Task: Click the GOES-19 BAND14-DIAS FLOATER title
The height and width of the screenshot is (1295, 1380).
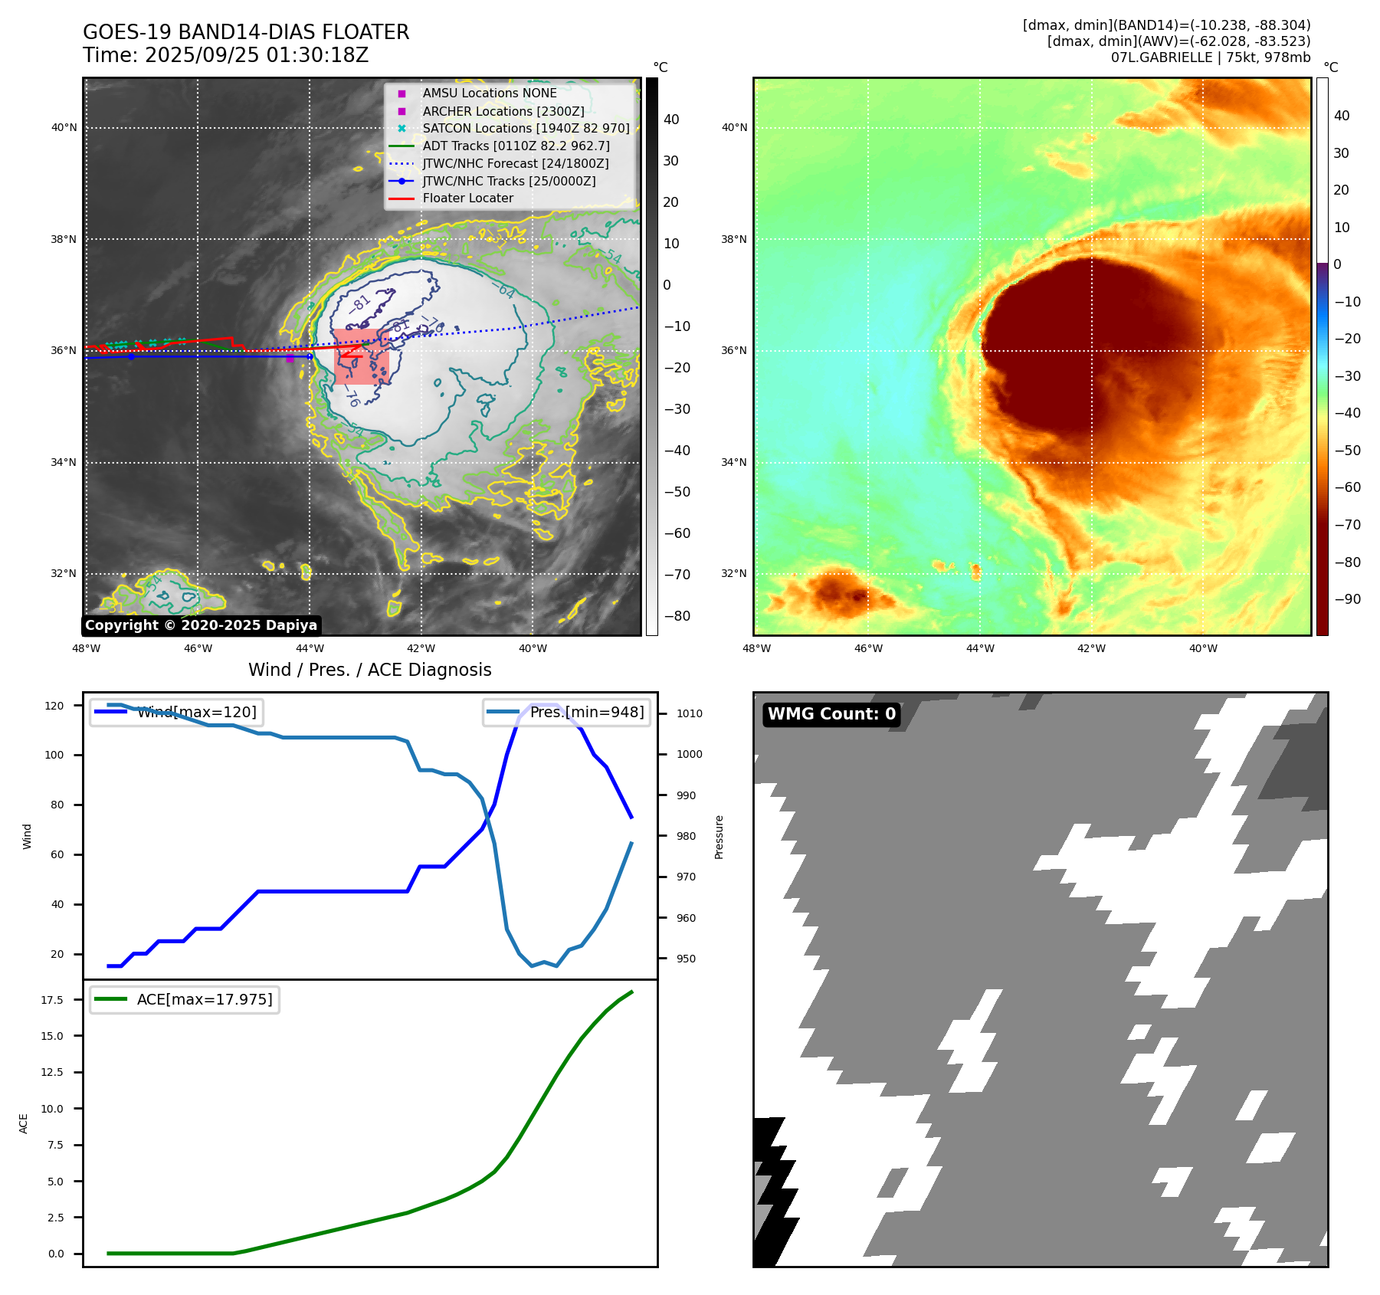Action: (x=246, y=32)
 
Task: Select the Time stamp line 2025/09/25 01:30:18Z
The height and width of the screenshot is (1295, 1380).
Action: (x=225, y=55)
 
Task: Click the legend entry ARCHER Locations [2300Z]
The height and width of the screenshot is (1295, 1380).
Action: (x=503, y=111)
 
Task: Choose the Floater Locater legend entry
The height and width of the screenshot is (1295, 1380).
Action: (x=467, y=198)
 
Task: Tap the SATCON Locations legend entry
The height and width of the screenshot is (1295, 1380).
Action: (x=526, y=128)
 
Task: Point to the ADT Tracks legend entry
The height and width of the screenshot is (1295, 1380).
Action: (x=516, y=146)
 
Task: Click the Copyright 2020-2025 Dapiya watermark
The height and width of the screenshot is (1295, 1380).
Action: (x=201, y=625)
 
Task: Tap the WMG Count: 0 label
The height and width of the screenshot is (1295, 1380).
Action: (x=831, y=714)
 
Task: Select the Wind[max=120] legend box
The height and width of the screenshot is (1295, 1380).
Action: (x=175, y=712)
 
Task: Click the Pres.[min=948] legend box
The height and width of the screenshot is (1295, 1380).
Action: (x=566, y=712)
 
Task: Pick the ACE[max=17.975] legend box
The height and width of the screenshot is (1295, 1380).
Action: (x=185, y=999)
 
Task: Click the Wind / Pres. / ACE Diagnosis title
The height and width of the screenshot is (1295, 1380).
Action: (x=369, y=670)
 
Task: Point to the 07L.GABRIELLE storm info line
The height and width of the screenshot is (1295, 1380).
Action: (x=1210, y=57)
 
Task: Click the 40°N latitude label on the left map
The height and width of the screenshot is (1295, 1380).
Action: (x=64, y=128)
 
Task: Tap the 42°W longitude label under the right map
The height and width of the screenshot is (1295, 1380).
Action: (x=1091, y=649)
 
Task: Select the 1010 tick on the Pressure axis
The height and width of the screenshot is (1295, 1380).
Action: (x=689, y=713)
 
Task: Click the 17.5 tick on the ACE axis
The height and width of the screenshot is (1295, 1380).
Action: (x=52, y=1000)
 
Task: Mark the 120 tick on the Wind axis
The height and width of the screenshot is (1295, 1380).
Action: (x=54, y=706)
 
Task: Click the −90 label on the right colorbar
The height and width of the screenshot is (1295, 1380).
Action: (x=1347, y=599)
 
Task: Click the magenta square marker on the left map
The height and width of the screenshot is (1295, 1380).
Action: (x=290, y=358)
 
